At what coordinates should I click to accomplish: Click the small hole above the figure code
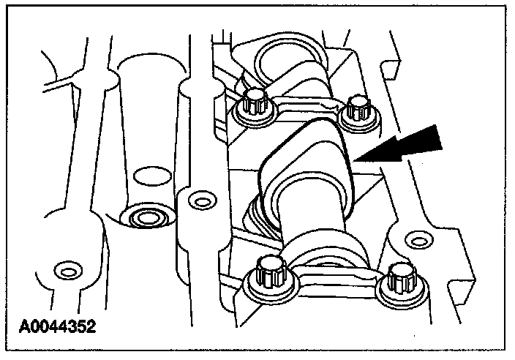point(68,271)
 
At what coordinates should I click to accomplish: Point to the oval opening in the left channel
point(152,176)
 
